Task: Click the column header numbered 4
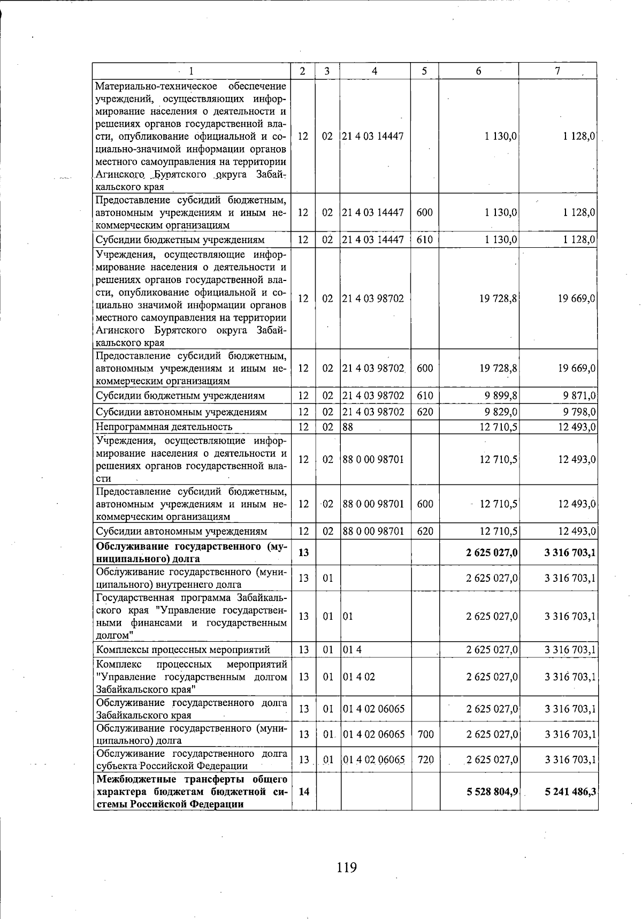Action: click(374, 71)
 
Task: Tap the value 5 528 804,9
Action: click(492, 792)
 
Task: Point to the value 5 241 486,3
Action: click(570, 792)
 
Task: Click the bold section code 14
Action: click(303, 792)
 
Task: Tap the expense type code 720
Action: click(425, 759)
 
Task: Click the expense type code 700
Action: click(425, 734)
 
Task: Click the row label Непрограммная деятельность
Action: click(164, 427)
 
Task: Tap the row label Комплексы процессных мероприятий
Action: click(182, 650)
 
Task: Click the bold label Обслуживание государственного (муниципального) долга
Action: click(191, 552)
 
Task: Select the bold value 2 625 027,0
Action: click(492, 552)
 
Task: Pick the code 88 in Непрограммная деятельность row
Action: click(348, 427)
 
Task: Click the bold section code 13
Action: click(303, 552)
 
